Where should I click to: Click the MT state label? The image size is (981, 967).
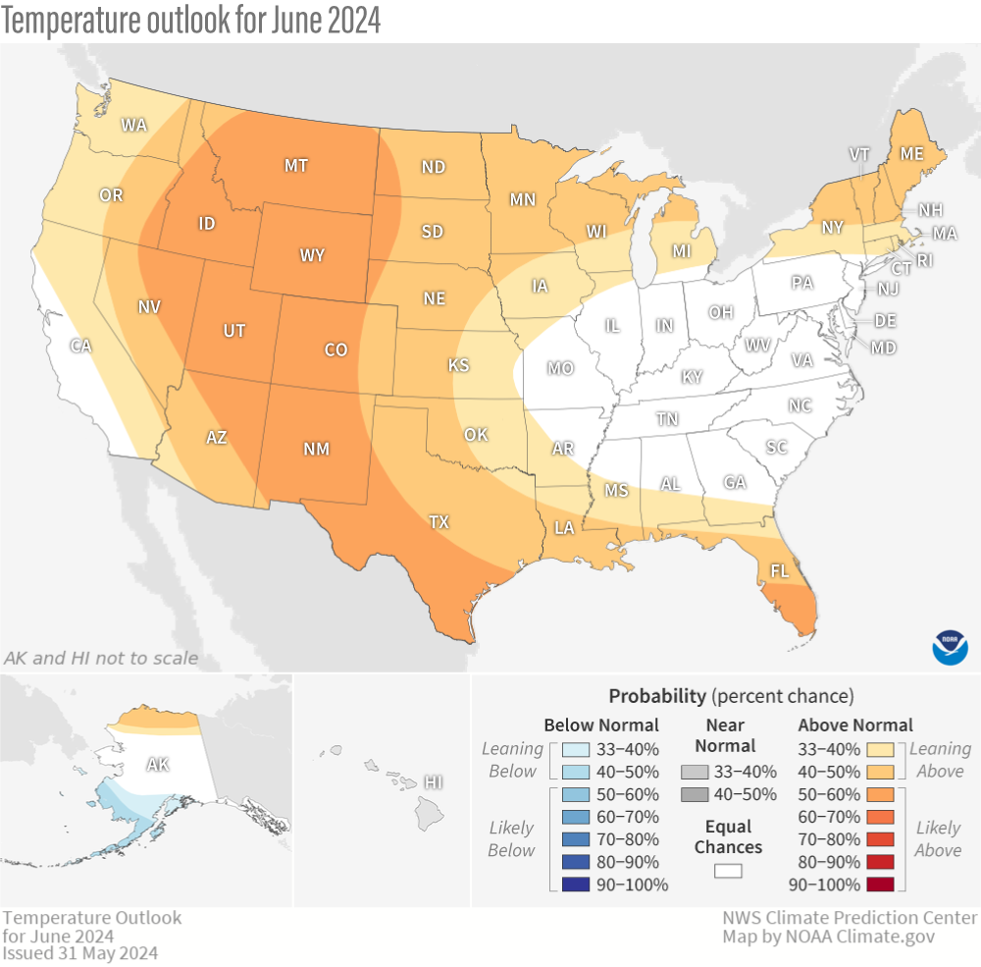click(296, 166)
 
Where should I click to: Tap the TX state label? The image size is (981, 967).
click(439, 522)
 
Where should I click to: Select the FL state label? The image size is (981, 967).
click(780, 570)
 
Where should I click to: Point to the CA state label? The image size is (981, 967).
click(80, 346)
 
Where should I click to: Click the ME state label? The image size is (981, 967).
click(911, 154)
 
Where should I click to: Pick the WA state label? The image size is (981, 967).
click(133, 125)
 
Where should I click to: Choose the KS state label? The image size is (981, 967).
click(458, 365)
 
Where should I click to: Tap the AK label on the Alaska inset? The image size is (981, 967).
click(157, 764)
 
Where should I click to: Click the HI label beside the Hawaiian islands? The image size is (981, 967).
click(432, 781)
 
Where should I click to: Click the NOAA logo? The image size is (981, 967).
click(951, 647)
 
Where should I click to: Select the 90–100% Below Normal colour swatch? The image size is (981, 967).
click(576, 885)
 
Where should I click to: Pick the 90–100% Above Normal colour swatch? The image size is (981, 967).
click(880, 885)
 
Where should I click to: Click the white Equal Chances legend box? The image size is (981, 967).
click(727, 870)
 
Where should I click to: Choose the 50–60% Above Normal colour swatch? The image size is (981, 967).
click(880, 794)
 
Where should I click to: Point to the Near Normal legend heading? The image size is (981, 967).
click(727, 734)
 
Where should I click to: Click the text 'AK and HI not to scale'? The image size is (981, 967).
click(101, 658)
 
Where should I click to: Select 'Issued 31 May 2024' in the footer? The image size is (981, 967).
click(79, 952)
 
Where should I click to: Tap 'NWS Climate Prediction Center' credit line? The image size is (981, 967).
click(850, 918)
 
